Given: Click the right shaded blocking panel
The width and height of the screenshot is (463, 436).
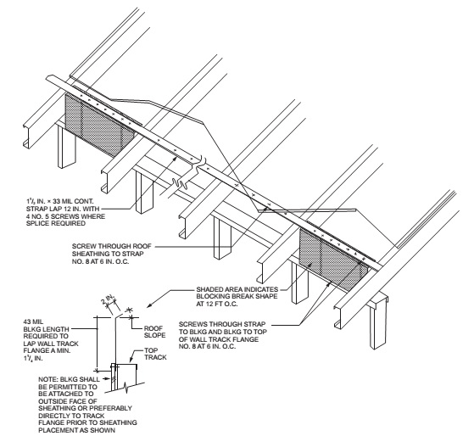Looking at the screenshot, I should point(334,254).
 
